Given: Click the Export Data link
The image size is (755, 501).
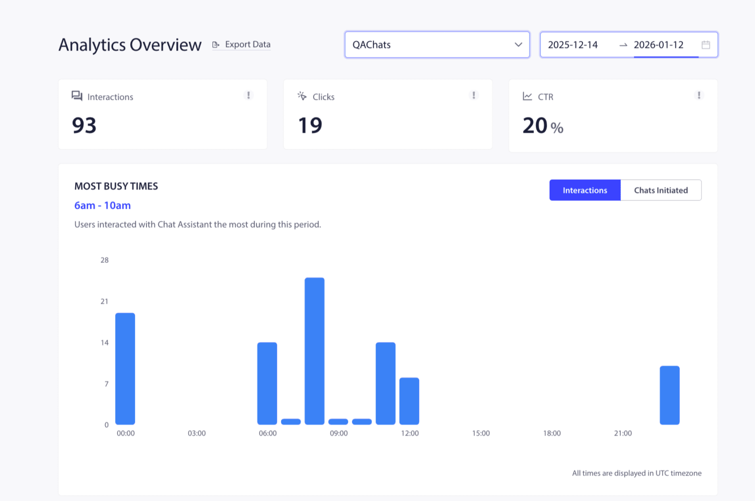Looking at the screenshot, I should coord(242,45).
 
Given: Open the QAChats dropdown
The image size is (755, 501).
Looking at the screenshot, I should coord(437,45).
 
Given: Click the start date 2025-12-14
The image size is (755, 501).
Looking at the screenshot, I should coord(573,45).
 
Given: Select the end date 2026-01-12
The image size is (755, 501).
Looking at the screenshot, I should coord(659,45).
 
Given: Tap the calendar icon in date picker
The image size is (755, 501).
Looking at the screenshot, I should coord(706,45).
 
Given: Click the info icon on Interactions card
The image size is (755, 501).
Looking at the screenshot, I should coord(249,95).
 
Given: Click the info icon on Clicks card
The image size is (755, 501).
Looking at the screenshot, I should coord(474,95).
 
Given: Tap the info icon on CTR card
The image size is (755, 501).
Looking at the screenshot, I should coord(699,95).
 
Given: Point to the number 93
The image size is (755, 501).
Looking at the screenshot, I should coord(84,125).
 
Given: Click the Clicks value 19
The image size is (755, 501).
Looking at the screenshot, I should coord(310,125).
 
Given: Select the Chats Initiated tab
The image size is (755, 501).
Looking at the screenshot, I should coord(661,190).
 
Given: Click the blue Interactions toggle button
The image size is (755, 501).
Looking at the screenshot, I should coord(585,190).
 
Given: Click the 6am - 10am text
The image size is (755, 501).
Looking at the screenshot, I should coord(102,205).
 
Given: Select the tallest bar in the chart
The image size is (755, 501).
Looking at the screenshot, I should coord(315,351).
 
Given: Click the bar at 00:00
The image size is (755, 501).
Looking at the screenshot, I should coord(125,368).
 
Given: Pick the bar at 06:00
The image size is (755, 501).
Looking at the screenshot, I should coord(267,383).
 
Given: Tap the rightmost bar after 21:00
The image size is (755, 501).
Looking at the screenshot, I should coord(669,395).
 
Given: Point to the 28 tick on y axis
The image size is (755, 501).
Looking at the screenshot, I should coord(104,260).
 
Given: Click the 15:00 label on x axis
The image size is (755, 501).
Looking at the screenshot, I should coord(481,433).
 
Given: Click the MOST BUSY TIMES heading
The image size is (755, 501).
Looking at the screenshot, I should coord(116,186).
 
